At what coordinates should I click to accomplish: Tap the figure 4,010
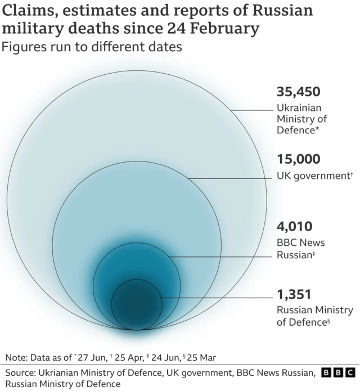pyautogui.click(x=294, y=227)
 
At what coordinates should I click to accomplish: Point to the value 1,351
pyautogui.click(x=294, y=294)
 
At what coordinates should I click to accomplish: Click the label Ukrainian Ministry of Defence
pyautogui.click(x=301, y=119)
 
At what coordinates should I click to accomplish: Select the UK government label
pyautogui.click(x=314, y=176)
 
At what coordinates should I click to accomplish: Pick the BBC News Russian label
pyautogui.click(x=300, y=249)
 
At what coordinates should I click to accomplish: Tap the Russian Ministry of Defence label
pyautogui.click(x=314, y=316)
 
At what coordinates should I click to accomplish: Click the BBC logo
pyautogui.click(x=338, y=372)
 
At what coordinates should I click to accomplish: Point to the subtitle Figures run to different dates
pyautogui.click(x=92, y=47)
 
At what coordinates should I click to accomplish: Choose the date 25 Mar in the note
pyautogui.click(x=201, y=357)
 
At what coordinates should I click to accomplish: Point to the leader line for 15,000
pyautogui.click(x=231, y=178)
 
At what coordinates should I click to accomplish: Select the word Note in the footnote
pyautogui.click(x=16, y=357)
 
